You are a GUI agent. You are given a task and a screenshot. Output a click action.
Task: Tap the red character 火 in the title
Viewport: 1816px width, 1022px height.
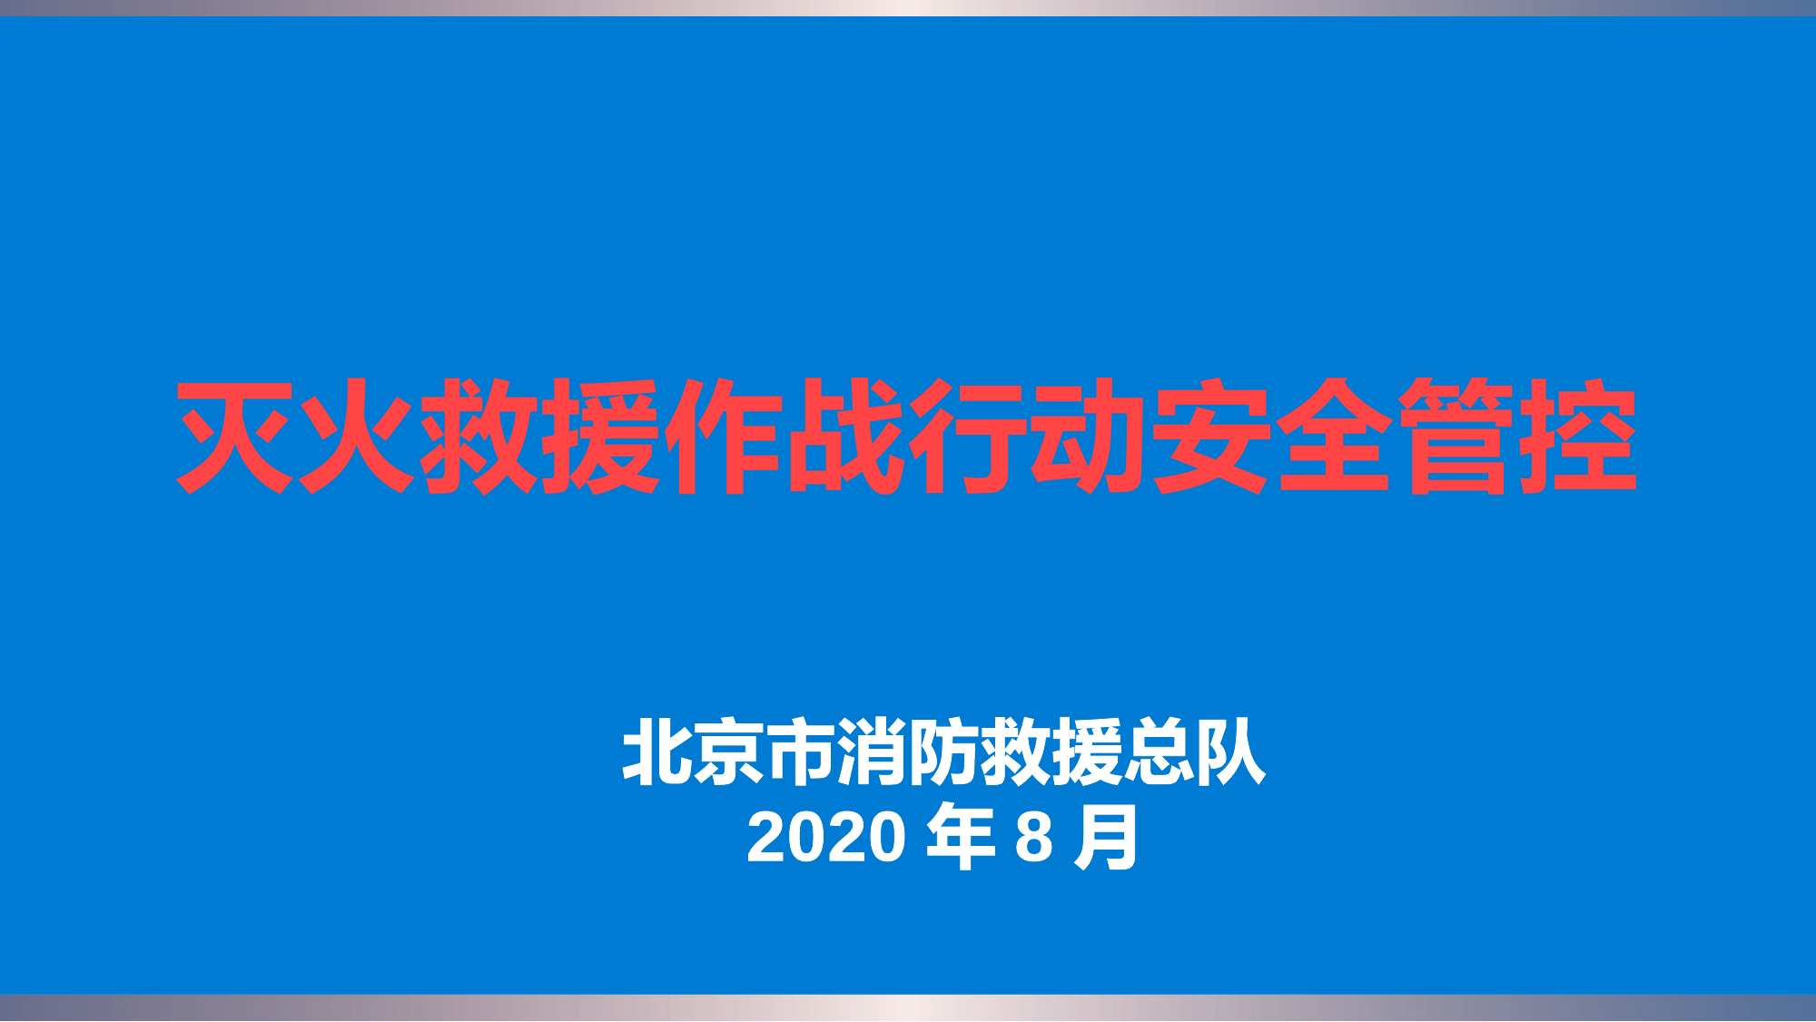point(358,437)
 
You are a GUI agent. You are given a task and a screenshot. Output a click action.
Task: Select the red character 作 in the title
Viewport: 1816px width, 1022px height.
point(724,437)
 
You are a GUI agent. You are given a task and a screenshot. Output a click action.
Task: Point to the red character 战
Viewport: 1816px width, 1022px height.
point(845,437)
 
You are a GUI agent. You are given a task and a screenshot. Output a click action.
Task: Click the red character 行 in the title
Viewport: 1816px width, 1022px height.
point(968,437)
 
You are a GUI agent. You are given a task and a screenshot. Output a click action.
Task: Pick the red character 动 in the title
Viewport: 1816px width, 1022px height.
point(1090,437)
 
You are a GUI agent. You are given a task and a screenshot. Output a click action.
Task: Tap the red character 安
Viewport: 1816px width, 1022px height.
point(1212,437)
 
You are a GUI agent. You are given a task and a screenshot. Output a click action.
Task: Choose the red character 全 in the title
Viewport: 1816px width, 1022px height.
point(1334,437)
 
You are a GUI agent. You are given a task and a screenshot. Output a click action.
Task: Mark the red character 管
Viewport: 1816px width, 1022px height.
point(1456,437)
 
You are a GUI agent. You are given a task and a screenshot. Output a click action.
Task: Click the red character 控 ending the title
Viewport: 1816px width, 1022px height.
point(1578,437)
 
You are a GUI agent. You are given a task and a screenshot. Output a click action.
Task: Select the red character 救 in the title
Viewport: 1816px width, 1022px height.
point(479,437)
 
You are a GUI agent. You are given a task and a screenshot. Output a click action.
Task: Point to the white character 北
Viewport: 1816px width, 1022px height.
point(658,752)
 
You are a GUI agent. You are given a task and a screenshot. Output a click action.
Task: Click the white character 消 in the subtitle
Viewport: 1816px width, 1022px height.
point(873,752)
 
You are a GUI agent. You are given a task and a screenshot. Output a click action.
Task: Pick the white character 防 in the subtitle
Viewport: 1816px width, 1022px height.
point(944,752)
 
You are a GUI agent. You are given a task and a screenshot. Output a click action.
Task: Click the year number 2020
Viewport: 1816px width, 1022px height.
point(825,837)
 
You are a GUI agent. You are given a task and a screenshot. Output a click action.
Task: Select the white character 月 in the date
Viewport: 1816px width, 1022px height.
point(1105,837)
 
